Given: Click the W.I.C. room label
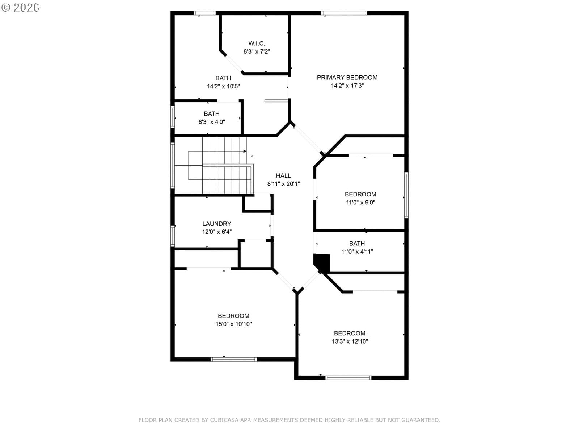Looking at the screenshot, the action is pos(257,43).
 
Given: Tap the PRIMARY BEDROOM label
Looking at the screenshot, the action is pos(347,77).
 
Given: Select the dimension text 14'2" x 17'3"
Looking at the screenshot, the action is pos(347,86).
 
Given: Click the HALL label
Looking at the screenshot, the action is pos(283,176).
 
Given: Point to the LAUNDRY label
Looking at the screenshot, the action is pos(216,224).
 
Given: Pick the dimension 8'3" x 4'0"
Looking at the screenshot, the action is pos(212,122).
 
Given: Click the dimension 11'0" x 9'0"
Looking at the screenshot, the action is pos(360,202).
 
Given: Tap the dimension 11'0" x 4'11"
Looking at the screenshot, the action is pos(357,252).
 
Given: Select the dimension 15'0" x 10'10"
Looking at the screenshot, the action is pos(233,324).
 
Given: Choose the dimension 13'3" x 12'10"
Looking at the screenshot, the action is pos(350,341).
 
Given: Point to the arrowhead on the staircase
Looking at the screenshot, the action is pos(245,151).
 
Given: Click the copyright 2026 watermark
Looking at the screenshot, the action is pos(20,7).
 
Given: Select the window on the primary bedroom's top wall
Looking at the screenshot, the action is pos(344,13).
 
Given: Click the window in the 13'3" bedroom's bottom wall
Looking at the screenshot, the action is pos(348,378).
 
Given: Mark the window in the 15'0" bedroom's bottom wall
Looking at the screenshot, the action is pos(233,359).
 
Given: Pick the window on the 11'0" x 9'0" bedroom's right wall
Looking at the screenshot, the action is pos(406,195).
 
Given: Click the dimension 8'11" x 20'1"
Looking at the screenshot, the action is pos(283,184).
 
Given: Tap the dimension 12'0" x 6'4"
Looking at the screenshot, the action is pos(216,232).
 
